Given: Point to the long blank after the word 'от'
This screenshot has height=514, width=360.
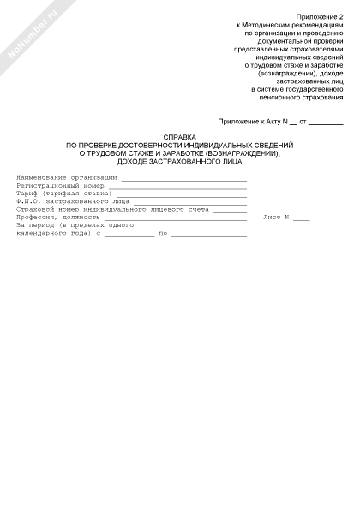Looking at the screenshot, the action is point(326,124).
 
